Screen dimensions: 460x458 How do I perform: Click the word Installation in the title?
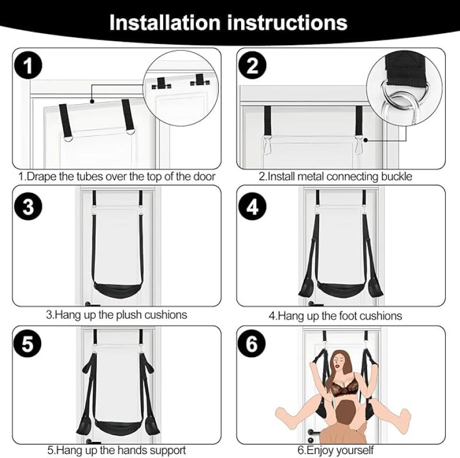pyautogui.click(x=164, y=22)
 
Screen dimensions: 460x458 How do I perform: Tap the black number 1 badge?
pyautogui.click(x=28, y=65)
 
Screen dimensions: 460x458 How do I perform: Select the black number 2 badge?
pyautogui.click(x=253, y=65)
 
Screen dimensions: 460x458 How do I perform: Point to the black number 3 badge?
pyautogui.click(x=28, y=206)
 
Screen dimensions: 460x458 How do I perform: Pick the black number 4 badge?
pyautogui.click(x=253, y=207)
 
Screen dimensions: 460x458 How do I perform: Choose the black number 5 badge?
pyautogui.click(x=27, y=343)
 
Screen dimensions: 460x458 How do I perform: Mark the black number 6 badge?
pyautogui.click(x=252, y=343)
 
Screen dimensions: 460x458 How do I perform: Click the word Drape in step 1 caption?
pyautogui.click(x=41, y=177)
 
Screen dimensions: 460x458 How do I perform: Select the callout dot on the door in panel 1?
pyautogui.click(x=92, y=101)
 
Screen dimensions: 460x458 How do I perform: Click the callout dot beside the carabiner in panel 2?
pyautogui.click(x=365, y=140)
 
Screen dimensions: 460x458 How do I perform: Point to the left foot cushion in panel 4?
pyautogui.click(x=306, y=289)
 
